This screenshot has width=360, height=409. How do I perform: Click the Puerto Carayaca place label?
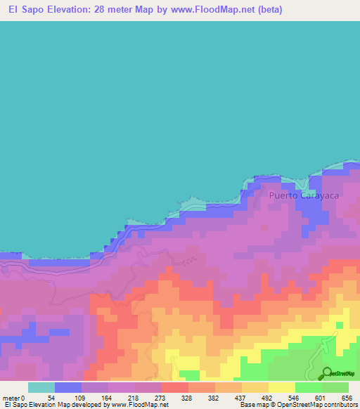coord(304,197)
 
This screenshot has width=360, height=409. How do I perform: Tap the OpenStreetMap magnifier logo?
coord(328,374)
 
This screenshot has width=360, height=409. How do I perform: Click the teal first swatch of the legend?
coord(41,387)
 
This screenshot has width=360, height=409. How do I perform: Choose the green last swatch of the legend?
coord(335,387)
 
